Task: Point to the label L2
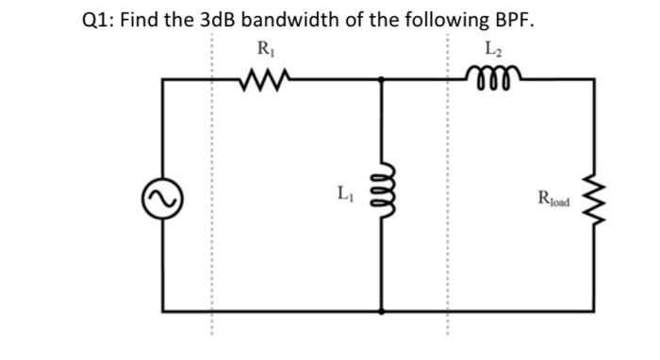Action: coord(492,49)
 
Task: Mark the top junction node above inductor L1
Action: coord(382,80)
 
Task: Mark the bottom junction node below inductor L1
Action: coord(382,310)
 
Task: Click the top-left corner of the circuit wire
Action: coord(162,80)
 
